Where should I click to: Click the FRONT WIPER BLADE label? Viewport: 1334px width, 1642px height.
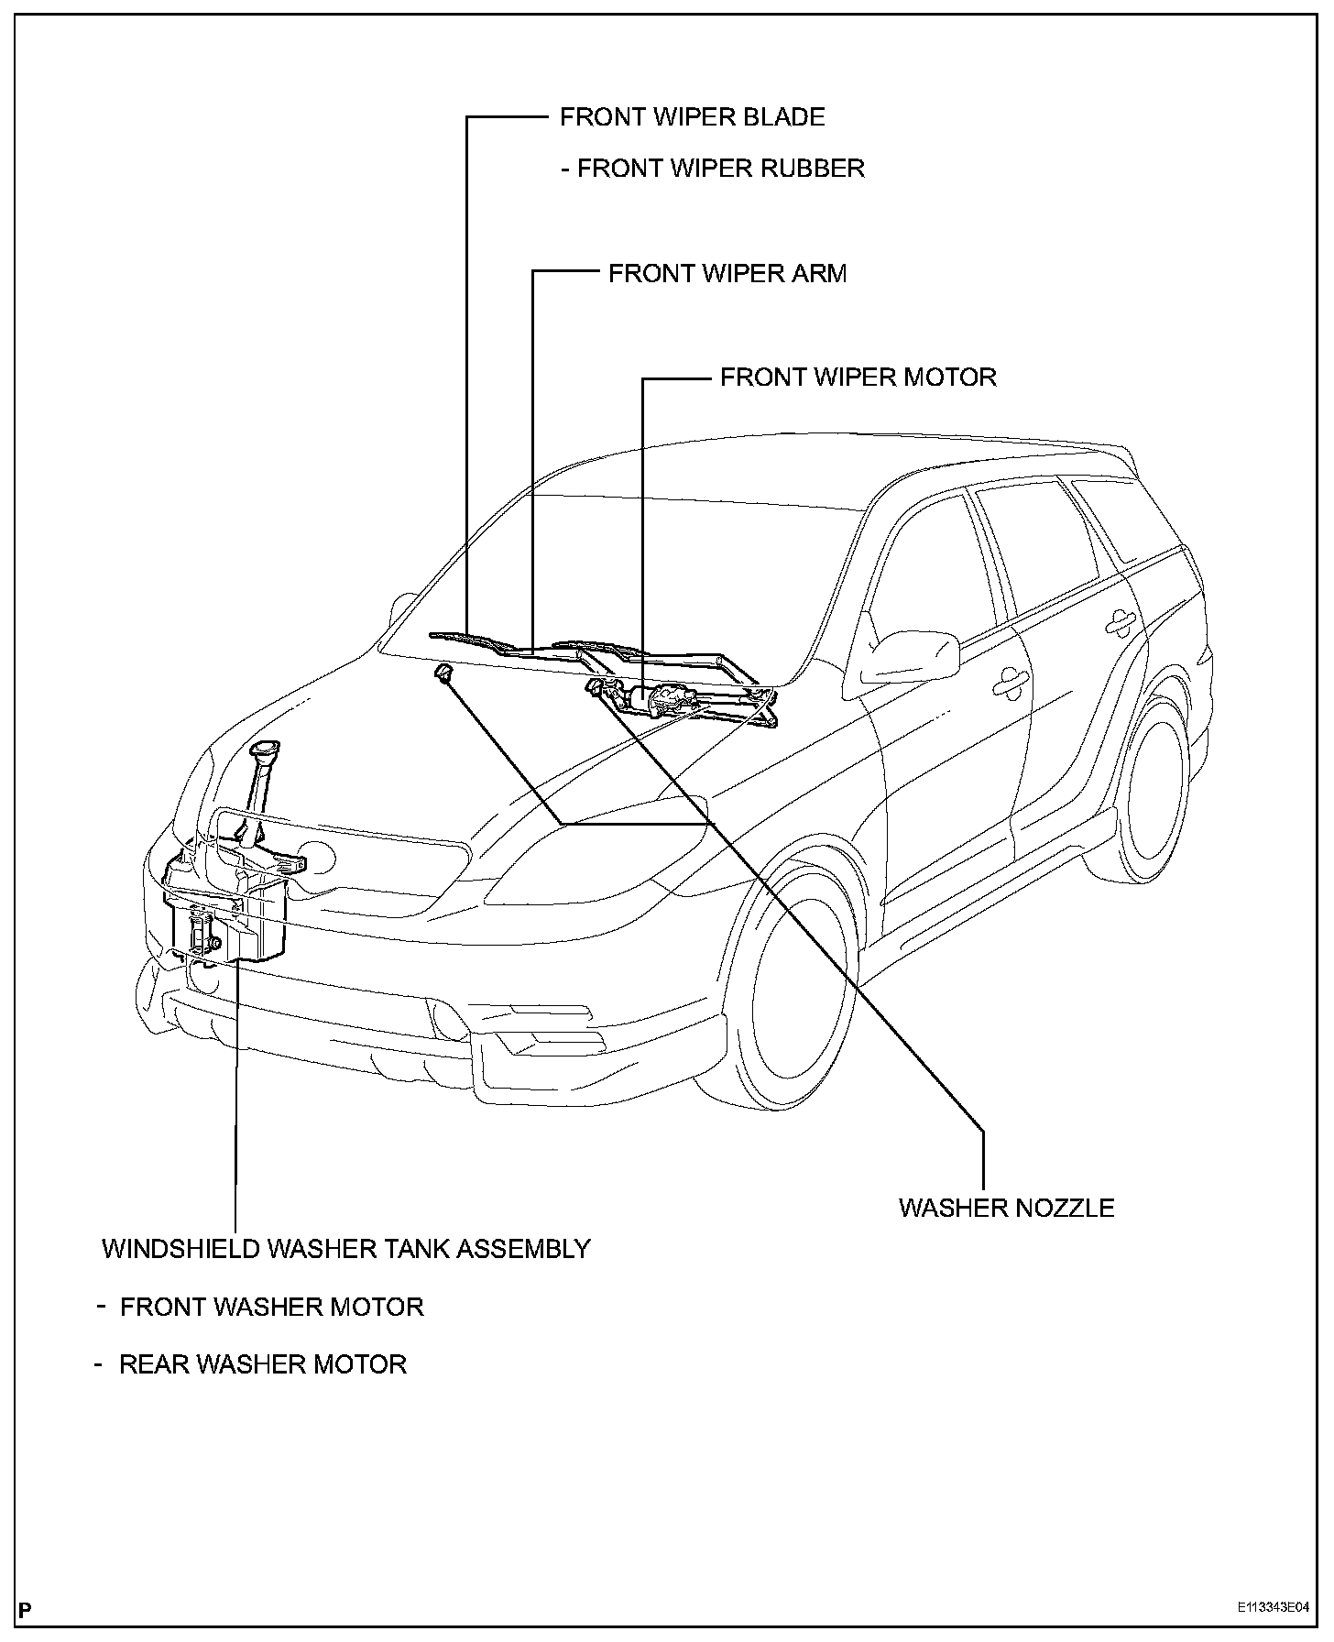[x=692, y=117]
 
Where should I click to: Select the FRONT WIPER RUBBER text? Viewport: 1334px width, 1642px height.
[x=720, y=169]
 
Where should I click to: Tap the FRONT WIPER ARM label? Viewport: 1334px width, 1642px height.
[x=727, y=273]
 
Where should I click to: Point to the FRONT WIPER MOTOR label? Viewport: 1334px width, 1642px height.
[x=858, y=377]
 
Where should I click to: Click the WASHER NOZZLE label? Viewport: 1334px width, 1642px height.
[x=1006, y=1207]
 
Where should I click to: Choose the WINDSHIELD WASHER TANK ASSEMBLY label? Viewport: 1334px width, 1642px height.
[x=345, y=1248]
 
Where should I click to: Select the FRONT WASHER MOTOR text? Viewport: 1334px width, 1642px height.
[x=271, y=1307]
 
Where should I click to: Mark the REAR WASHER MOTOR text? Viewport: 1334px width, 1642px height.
[x=262, y=1364]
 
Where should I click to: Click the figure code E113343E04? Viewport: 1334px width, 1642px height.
[x=1272, y=1606]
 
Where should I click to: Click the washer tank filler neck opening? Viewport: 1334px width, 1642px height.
[x=265, y=750]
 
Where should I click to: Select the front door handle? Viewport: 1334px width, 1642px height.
[x=1011, y=679]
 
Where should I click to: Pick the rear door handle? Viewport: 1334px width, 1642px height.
[x=1120, y=622]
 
